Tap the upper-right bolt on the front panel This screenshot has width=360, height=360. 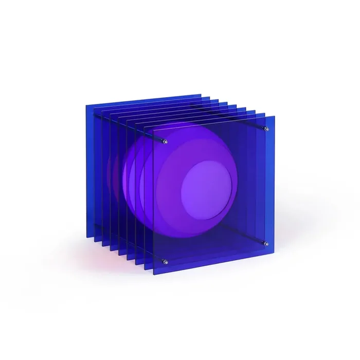(x=265, y=128)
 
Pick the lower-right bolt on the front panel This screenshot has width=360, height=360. (x=265, y=243)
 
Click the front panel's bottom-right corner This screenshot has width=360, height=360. (x=275, y=253)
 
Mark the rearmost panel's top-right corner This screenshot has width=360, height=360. (x=201, y=94)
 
